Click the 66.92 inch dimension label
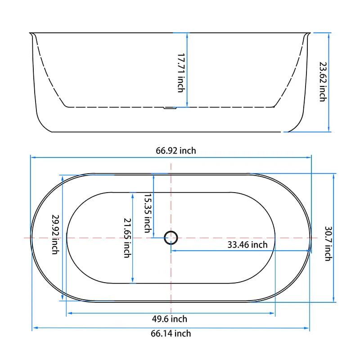click(x=176, y=151)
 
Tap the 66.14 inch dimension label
click(x=171, y=333)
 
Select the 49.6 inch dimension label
click(x=169, y=319)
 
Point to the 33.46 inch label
click(x=247, y=245)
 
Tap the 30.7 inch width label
click(x=328, y=243)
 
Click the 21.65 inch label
click(x=127, y=238)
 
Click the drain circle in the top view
click(x=171, y=237)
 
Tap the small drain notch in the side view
click(x=170, y=108)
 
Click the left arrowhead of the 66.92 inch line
click(x=32, y=157)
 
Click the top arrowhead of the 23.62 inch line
click(x=330, y=34)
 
